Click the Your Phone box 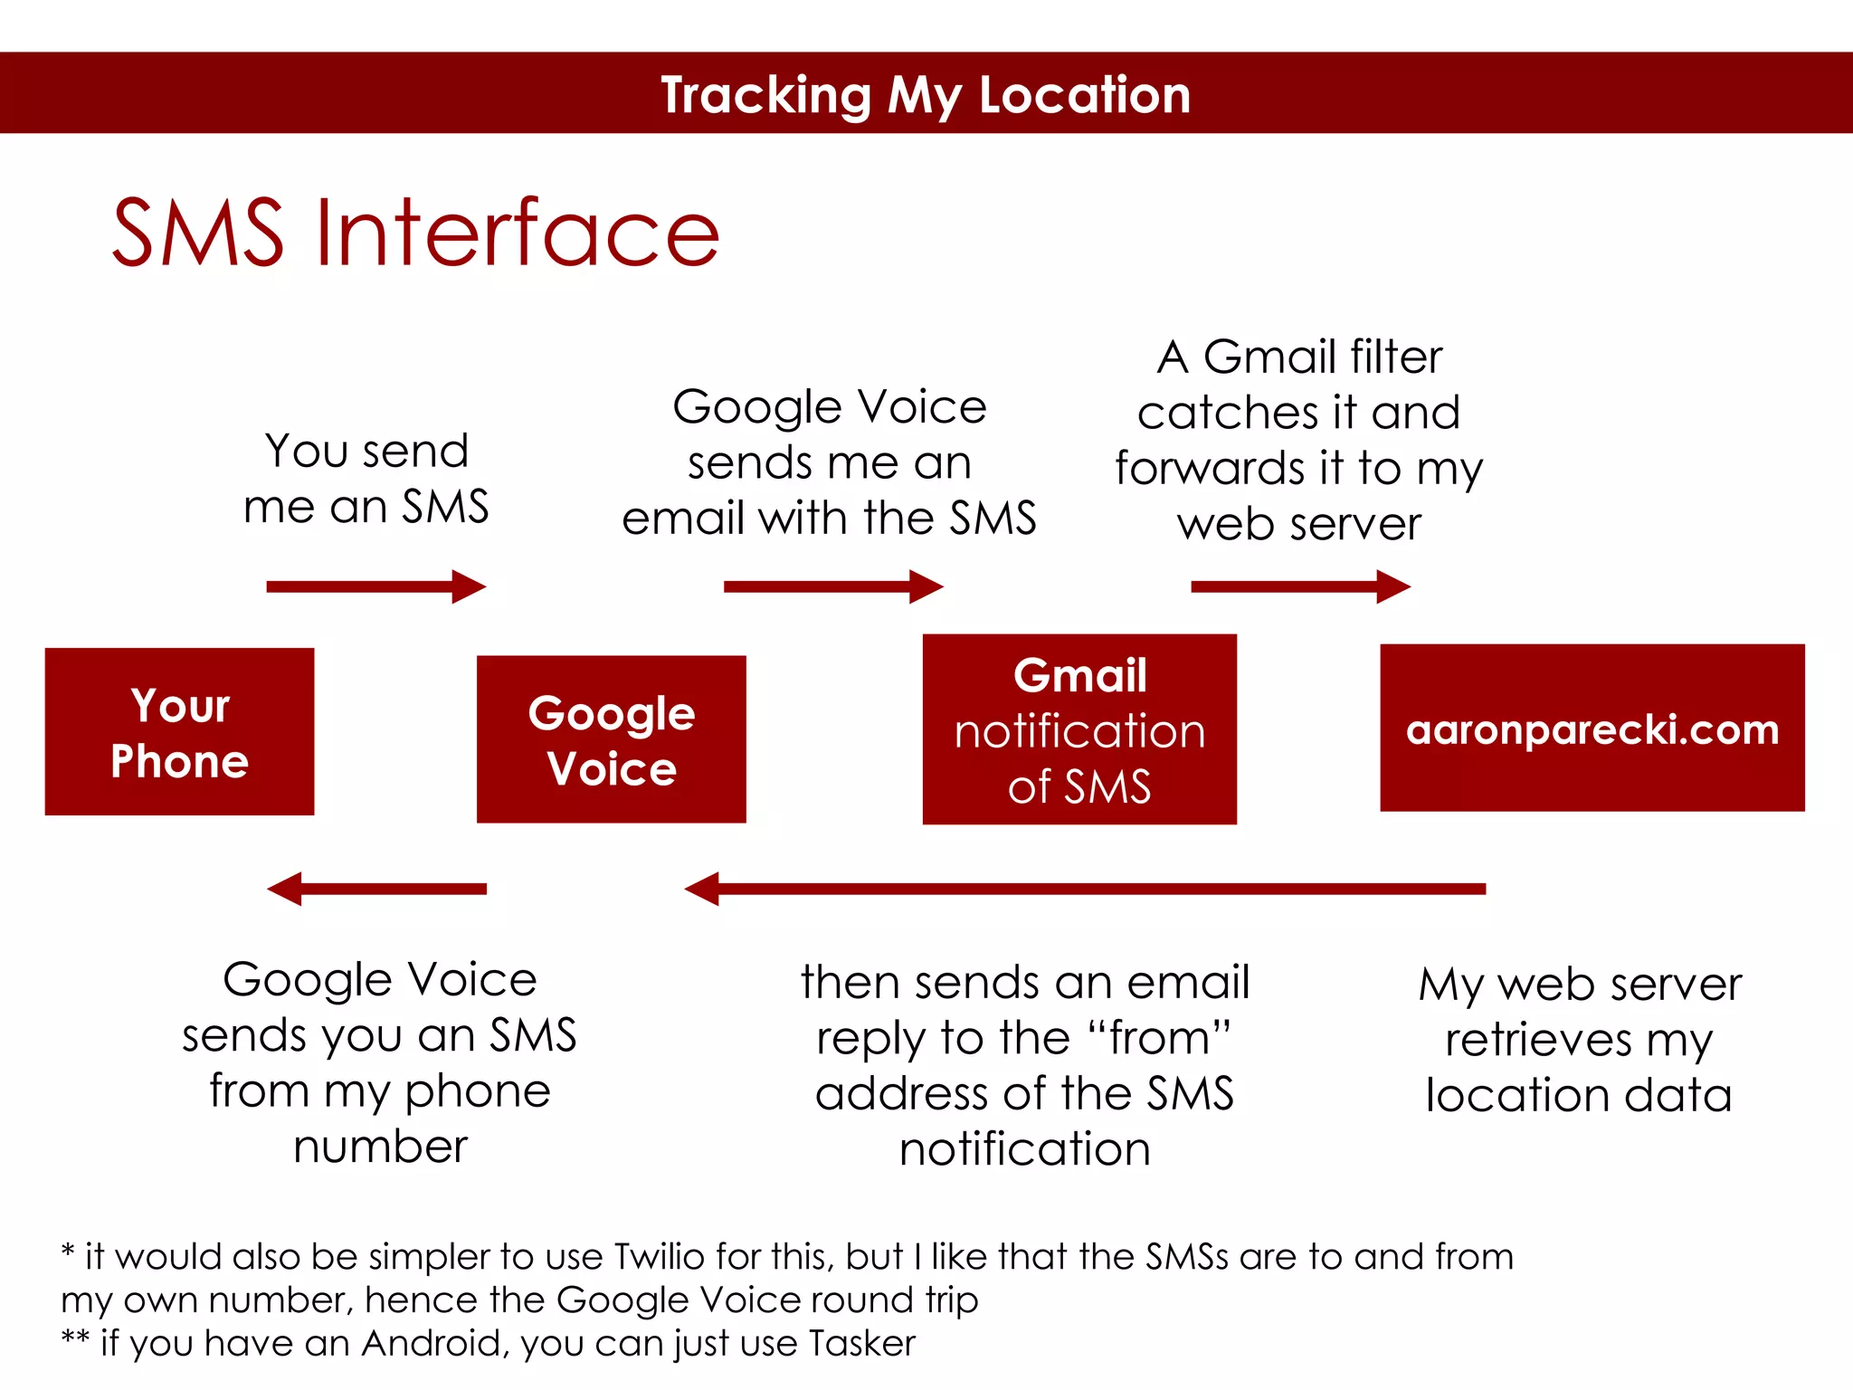179,731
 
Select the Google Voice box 611,739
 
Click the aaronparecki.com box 1592,728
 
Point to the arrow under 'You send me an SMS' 375,586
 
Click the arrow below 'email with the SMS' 832,586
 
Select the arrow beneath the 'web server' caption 1300,586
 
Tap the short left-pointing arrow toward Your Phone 376,889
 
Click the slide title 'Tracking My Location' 926,94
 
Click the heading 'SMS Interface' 415,233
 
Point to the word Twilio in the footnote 659,1257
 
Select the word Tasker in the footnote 862,1344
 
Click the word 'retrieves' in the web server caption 1538,1041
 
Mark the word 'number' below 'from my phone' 381,1147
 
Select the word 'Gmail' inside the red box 1079,675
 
